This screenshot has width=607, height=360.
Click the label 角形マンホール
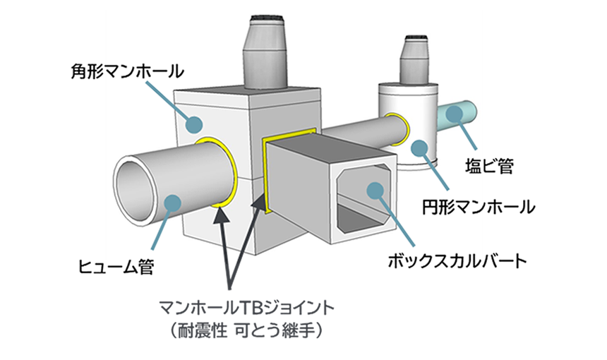[x=127, y=71]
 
